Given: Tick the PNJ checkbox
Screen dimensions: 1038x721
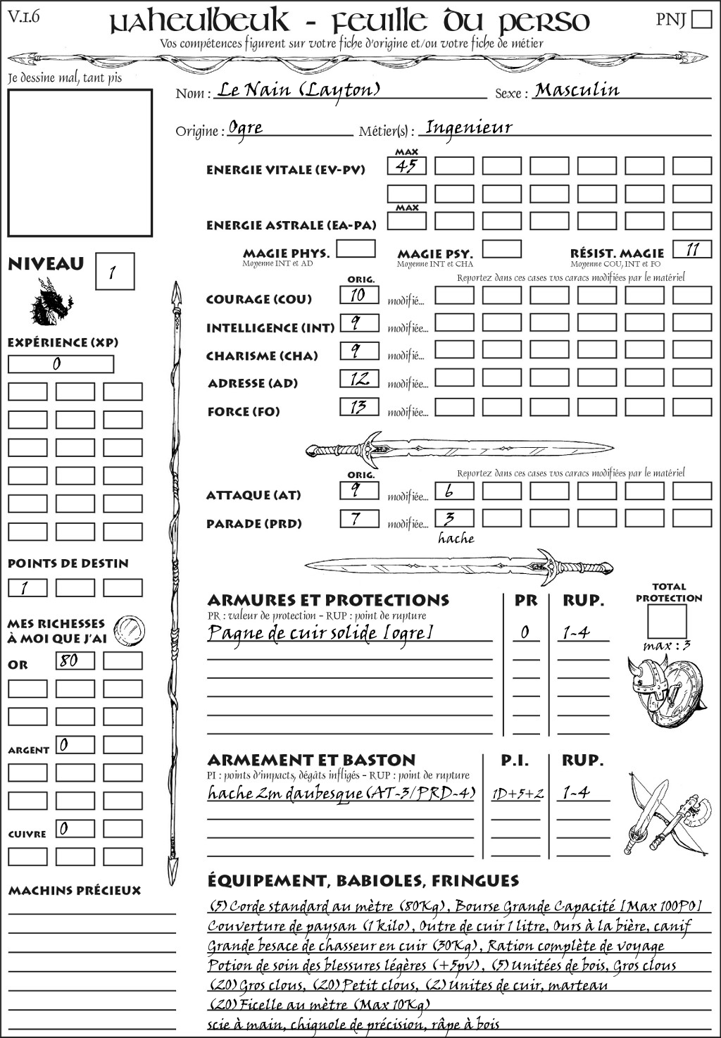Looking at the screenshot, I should pos(701,18).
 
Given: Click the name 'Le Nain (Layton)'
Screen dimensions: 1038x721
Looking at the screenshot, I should pos(299,90).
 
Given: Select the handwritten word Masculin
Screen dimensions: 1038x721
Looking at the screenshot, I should pos(577,90).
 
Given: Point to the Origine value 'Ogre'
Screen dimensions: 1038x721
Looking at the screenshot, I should pos(246,128).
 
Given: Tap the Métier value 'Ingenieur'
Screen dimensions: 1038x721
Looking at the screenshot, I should pos(469,127).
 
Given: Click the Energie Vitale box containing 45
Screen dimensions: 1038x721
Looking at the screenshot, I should pos(407,166).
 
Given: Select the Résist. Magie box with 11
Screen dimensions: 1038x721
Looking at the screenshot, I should pos(692,249).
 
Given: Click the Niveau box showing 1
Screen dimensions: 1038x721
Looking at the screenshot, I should pos(114,272).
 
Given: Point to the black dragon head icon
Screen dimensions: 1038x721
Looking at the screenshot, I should pos(51,303).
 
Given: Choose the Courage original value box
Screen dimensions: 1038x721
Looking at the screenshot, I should pos(359,295).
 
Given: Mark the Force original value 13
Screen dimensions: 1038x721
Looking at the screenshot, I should pos(359,407).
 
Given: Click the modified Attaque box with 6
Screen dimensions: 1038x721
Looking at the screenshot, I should pos(454,491).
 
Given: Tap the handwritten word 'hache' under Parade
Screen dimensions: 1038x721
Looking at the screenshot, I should pos(456,539).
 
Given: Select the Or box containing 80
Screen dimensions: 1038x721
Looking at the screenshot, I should pos(75,661).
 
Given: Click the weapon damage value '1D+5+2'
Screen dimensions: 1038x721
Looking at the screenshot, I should pos(518,794).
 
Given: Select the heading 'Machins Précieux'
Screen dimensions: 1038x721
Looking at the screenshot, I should pos(75,891).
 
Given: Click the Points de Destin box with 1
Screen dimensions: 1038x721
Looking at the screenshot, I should pos(27,587).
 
